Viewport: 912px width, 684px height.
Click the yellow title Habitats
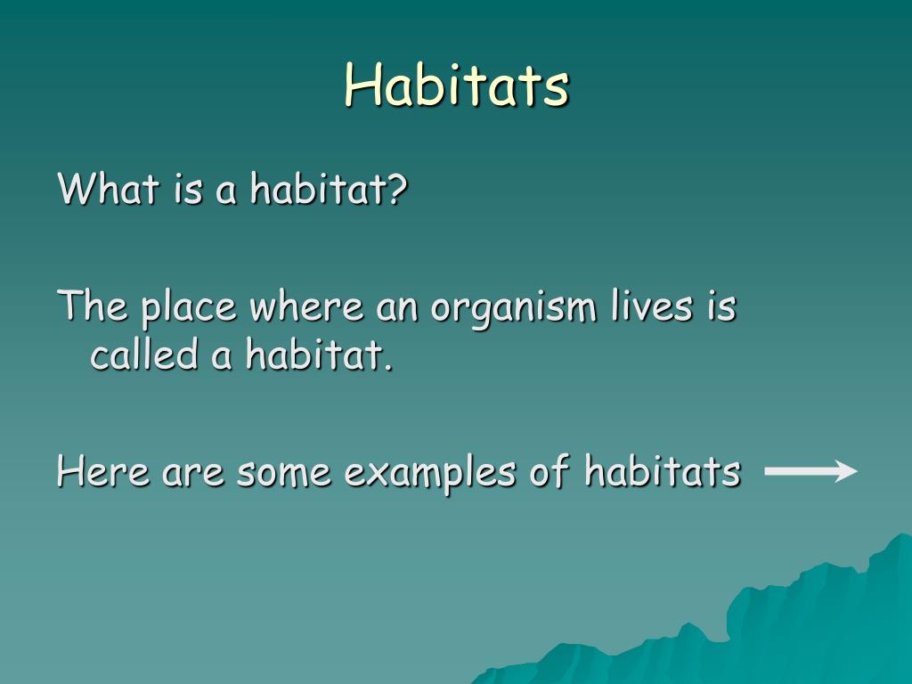[x=457, y=85]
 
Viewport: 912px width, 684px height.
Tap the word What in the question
[x=109, y=188]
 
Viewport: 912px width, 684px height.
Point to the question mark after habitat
[x=398, y=188]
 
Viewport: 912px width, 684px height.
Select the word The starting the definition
[x=93, y=305]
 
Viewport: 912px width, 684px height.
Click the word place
[x=189, y=306]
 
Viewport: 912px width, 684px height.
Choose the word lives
[x=652, y=305]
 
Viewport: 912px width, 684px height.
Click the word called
[x=144, y=354]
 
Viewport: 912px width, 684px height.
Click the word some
[x=284, y=472]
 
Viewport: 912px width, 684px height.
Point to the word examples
[x=430, y=472]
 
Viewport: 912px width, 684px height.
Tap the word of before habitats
[x=549, y=470]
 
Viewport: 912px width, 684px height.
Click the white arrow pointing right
[x=810, y=470]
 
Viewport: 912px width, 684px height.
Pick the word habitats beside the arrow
[x=663, y=470]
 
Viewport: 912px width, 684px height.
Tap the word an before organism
[x=397, y=308]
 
